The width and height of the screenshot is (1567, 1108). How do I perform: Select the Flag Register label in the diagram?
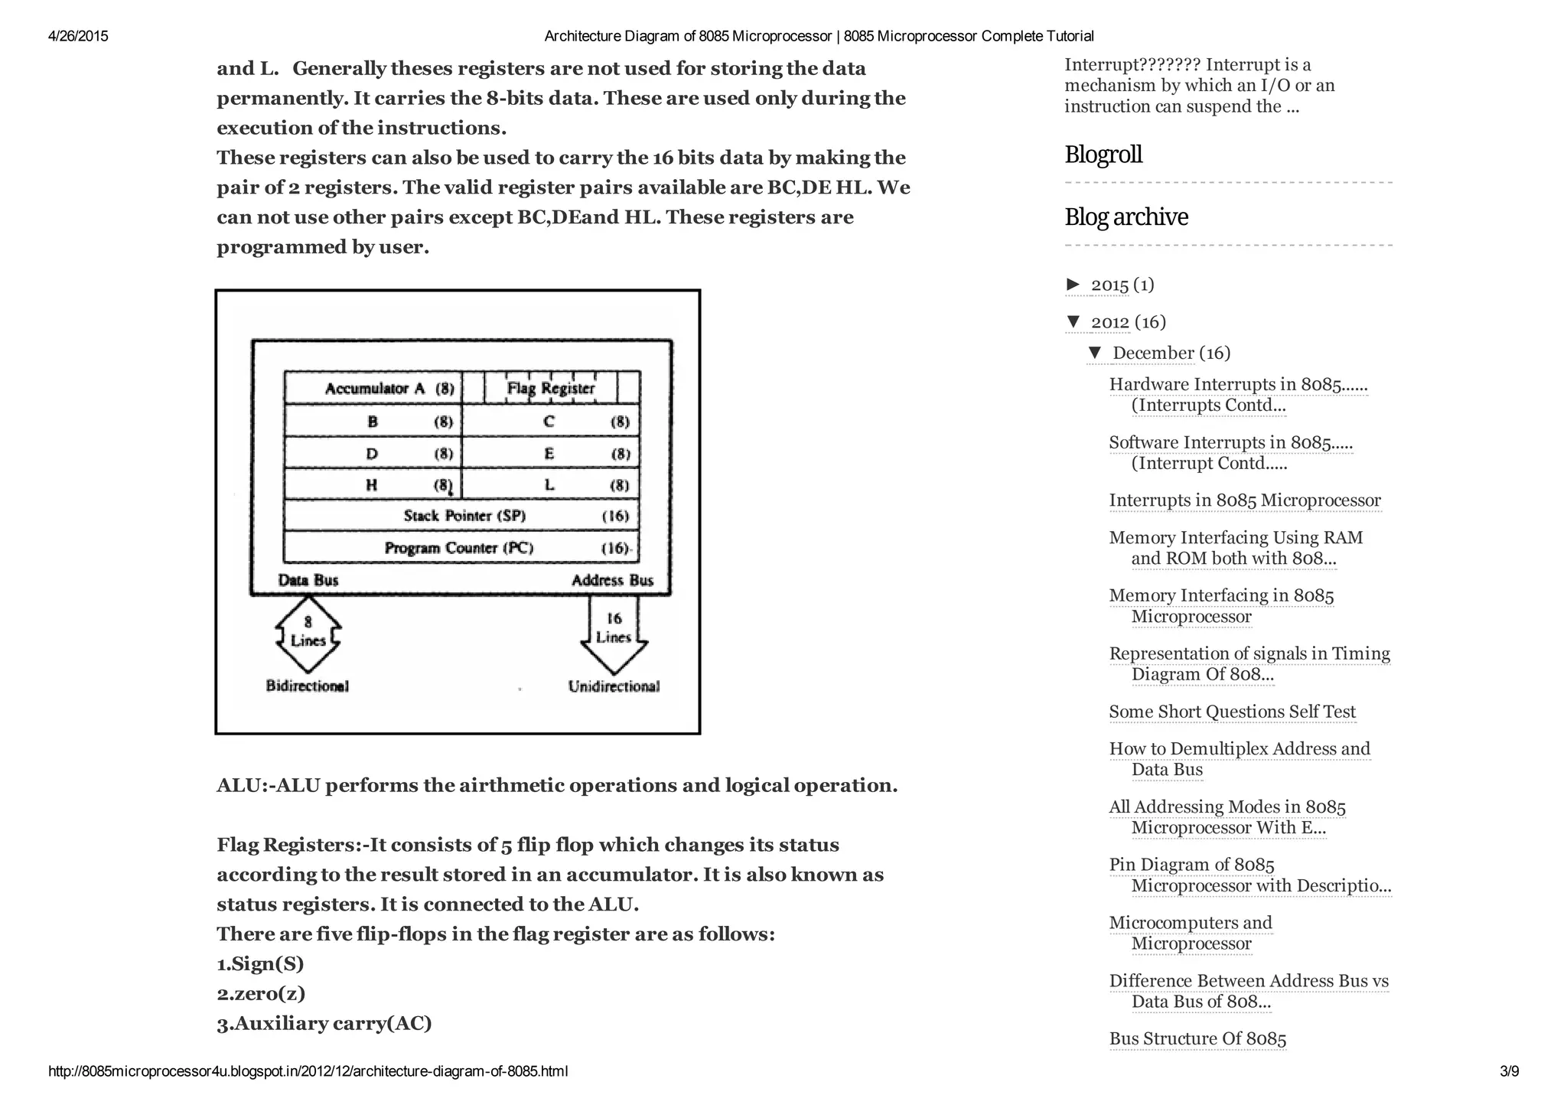[x=551, y=388]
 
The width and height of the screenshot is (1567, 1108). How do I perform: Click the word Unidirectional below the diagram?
[x=614, y=686]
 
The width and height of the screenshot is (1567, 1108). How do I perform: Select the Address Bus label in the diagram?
[x=612, y=580]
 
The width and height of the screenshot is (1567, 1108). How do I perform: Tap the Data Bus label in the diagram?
[x=308, y=580]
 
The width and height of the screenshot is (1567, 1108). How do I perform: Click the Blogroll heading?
[x=1103, y=155]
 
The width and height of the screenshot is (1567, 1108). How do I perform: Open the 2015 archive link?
[x=1109, y=285]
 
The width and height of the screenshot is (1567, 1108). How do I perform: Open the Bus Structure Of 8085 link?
[x=1197, y=1038]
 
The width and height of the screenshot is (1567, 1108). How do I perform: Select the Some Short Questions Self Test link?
[x=1232, y=712]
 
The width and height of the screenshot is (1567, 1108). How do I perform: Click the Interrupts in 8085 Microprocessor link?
[x=1245, y=500]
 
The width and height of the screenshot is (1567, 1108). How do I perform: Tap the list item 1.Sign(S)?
[x=260, y=964]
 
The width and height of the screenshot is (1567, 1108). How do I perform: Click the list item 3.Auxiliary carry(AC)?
[x=324, y=1024]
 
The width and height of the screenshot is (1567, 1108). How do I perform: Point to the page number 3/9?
[x=1509, y=1071]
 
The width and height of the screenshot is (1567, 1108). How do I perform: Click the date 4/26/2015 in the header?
[x=78, y=36]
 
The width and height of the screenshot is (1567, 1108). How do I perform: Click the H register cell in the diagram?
[x=373, y=484]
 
